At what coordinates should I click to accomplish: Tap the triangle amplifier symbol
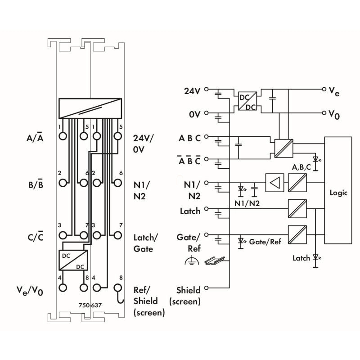pos(274,183)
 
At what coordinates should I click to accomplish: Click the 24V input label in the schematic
pos(192,91)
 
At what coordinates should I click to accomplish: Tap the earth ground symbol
pos(192,261)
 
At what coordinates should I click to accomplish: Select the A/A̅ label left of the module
pos(35,137)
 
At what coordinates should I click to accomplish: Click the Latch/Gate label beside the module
pos(144,243)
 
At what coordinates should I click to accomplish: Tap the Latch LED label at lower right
pos(301,258)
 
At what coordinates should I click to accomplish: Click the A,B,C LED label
pos(301,167)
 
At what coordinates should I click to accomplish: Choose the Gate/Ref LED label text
pos(265,242)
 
